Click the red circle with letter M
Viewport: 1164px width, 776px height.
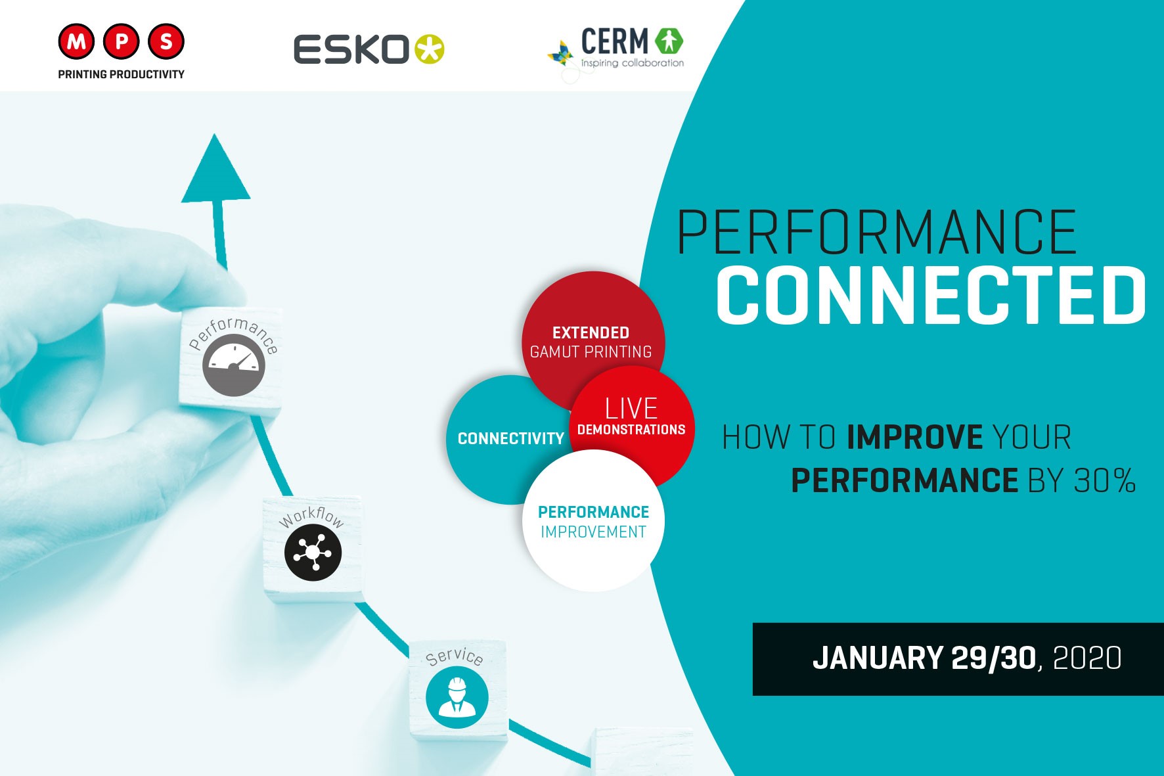(x=77, y=41)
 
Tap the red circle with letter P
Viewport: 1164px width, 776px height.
(x=122, y=41)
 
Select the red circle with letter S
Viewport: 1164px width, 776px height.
(x=166, y=41)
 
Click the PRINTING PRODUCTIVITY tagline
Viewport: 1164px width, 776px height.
(x=122, y=74)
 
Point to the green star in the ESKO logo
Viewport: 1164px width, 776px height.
(x=429, y=49)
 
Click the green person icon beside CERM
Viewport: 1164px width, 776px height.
(x=669, y=41)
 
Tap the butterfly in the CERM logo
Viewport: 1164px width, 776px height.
(x=560, y=54)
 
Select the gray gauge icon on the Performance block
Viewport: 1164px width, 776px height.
(x=233, y=365)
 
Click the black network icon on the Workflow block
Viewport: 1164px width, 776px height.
(x=313, y=552)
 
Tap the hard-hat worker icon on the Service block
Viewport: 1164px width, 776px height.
(x=457, y=697)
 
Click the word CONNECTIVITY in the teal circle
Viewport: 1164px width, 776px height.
(x=511, y=439)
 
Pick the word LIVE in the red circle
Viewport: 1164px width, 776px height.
(x=631, y=409)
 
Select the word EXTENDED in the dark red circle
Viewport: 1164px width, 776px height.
(x=591, y=333)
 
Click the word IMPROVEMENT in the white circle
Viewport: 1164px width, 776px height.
(x=593, y=532)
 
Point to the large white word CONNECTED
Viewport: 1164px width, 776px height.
(x=931, y=295)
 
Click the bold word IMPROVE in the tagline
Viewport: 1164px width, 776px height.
(x=915, y=438)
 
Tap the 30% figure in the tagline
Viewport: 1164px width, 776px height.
(x=1105, y=481)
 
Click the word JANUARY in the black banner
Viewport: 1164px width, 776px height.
(x=878, y=658)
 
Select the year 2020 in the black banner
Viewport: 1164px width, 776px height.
(x=1087, y=658)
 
